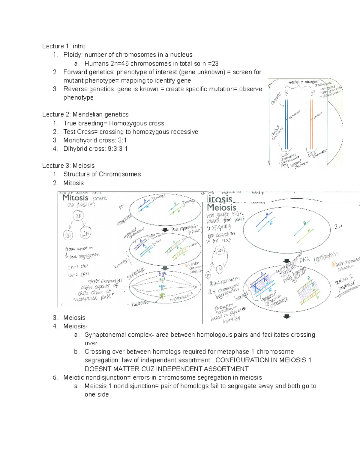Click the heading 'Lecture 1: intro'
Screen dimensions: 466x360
point(64,46)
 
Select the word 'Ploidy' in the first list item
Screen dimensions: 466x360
point(72,55)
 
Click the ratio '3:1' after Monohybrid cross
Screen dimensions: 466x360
point(122,140)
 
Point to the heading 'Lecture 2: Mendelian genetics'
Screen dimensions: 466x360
point(85,115)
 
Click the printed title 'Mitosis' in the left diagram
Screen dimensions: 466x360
point(75,198)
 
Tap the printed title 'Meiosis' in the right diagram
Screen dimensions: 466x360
point(222,207)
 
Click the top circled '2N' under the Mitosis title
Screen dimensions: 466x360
point(78,216)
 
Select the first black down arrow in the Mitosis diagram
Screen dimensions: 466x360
point(165,230)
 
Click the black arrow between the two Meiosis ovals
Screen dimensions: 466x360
point(287,261)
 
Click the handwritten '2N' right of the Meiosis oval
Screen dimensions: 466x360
point(338,227)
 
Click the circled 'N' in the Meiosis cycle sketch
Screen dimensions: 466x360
point(220,269)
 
